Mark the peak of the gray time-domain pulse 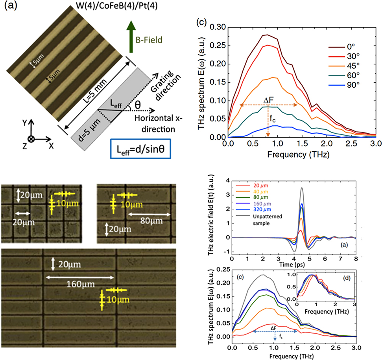(x=302, y=188)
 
